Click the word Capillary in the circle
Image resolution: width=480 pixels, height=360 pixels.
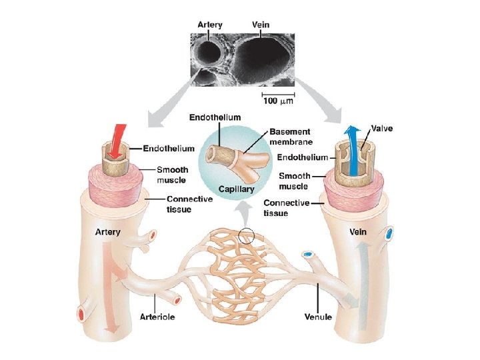[238, 189]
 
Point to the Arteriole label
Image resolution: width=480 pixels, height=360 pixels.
[157, 317]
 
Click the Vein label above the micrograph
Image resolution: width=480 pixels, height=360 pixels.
[261, 25]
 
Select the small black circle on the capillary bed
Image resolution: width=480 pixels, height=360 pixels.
[246, 235]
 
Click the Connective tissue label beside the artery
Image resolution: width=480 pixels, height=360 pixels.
[189, 204]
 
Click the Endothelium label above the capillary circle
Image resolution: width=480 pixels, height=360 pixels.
[215, 117]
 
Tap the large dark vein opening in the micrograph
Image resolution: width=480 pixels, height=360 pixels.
[264, 61]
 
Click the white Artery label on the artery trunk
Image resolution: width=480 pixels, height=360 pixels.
[107, 232]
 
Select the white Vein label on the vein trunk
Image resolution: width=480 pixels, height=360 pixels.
[359, 232]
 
